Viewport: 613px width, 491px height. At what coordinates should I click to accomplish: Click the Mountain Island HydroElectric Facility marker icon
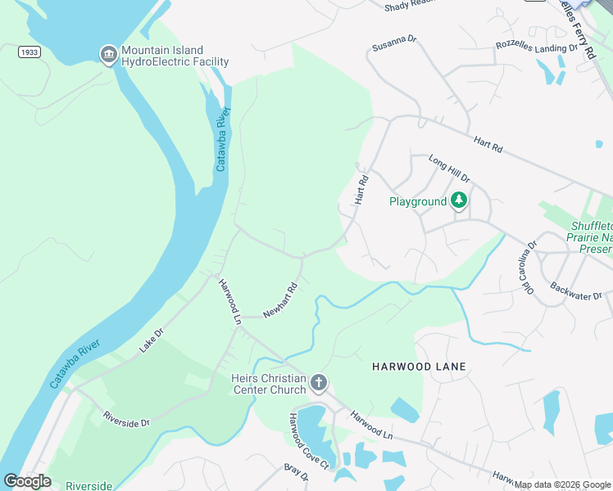(108, 55)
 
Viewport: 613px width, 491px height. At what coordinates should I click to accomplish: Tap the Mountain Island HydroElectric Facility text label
(175, 56)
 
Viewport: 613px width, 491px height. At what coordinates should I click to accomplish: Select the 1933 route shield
(29, 52)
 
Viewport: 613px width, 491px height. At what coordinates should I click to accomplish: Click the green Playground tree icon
(460, 200)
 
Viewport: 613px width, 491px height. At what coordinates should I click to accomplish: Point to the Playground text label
(418, 201)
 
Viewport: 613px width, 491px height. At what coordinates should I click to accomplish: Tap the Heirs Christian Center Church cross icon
(318, 382)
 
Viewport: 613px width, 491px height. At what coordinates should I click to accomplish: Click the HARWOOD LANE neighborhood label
(419, 367)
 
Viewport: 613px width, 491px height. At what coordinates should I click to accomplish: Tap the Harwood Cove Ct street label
(307, 442)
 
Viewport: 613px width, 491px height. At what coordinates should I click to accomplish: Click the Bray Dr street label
(296, 472)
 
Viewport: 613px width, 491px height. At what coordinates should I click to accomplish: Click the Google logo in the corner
(27, 480)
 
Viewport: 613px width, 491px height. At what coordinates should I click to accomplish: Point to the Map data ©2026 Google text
(562, 484)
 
